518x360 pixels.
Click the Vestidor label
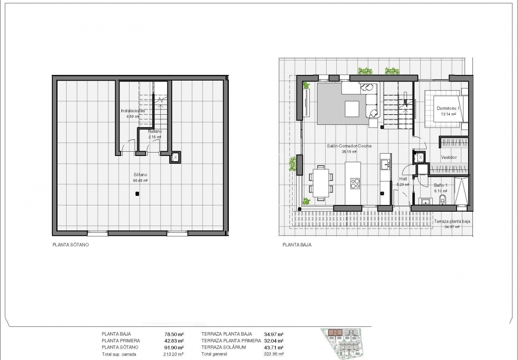coord(448,157)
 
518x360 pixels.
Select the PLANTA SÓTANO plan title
coord(71,245)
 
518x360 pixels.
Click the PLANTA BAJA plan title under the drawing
coord(297,245)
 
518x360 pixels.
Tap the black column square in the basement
coord(137,194)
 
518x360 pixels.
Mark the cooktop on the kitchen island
coord(355,182)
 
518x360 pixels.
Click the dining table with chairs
coord(321,182)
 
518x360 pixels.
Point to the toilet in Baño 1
coord(442,200)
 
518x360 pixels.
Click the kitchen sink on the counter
coord(385,165)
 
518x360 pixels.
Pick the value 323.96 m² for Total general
coord(273,354)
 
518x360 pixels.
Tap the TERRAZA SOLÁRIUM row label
coord(224,347)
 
